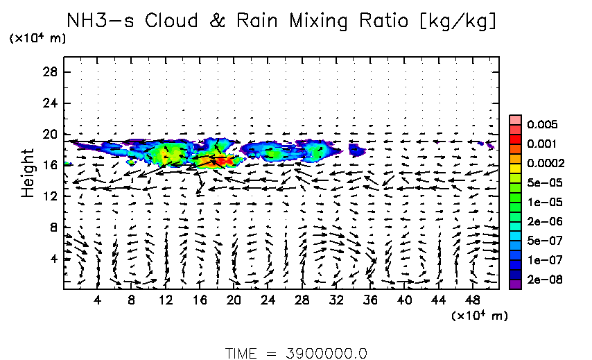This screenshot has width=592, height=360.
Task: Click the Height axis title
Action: [x=28, y=172]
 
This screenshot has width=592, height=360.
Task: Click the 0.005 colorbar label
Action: [x=543, y=125]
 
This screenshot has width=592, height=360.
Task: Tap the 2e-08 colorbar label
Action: [x=543, y=280]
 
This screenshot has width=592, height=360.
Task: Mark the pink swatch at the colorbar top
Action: [x=515, y=119]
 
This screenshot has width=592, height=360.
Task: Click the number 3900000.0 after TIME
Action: [x=325, y=352]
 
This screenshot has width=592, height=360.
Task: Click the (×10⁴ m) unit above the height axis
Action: [x=37, y=39]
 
